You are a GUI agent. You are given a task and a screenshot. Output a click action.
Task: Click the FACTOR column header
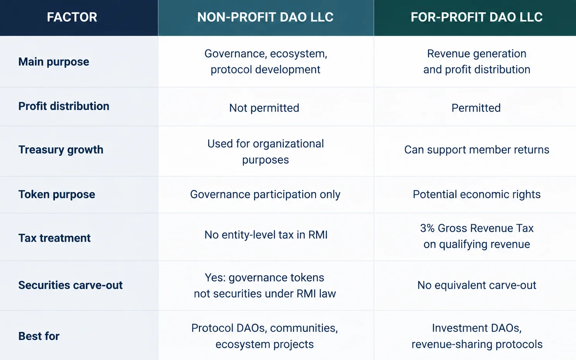72,17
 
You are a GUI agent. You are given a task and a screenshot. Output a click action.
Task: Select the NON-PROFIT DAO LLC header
265,17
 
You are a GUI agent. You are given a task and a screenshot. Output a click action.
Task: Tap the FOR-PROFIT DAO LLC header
477,17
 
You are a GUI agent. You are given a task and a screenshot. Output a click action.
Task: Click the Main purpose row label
54,62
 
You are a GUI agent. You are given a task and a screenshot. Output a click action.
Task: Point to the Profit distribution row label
64,106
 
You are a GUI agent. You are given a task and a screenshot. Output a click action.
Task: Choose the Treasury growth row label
61,150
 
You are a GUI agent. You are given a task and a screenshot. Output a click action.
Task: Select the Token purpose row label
56,195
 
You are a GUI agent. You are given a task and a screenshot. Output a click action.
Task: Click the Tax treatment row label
54,238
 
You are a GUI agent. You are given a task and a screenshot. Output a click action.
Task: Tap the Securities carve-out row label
70,285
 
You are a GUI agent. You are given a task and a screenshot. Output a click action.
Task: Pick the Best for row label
39,336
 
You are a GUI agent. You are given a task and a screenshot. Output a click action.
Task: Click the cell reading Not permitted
264,108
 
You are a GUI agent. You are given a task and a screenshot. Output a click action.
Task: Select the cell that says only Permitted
476,108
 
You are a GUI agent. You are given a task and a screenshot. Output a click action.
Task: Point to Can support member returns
477,150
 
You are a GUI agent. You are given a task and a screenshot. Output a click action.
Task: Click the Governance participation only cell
265,195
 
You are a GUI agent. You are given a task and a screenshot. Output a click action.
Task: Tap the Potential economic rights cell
477,195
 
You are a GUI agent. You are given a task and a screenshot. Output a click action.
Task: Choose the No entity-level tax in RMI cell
266,235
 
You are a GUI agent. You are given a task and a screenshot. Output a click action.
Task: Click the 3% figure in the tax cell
427,228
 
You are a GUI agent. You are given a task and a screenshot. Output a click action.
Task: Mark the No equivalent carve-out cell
477,285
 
